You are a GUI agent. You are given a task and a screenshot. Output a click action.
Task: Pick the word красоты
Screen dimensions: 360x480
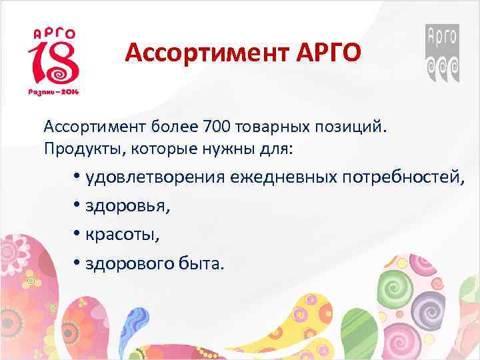pyautogui.click(x=122, y=235)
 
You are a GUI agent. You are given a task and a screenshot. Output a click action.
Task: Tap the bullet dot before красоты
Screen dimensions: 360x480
pyautogui.click(x=77, y=235)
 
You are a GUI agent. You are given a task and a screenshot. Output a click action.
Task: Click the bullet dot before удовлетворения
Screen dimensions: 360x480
pyautogui.click(x=77, y=178)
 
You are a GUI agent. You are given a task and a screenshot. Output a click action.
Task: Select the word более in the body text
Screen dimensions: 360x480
pyautogui.click(x=180, y=127)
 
